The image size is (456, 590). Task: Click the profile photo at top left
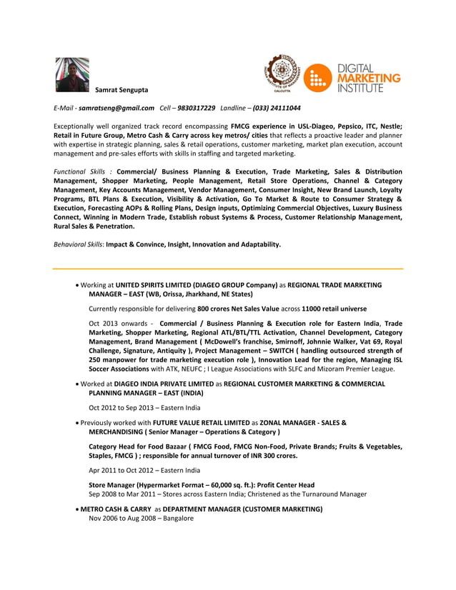[x=72, y=74]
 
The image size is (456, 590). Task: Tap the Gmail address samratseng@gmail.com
[x=117, y=108]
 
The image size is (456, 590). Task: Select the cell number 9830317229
[x=196, y=108]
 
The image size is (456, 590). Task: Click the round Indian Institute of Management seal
[x=281, y=74]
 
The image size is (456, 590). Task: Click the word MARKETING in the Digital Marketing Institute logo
[x=369, y=78]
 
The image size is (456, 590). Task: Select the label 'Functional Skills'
[x=79, y=171]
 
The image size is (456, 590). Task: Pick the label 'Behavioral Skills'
[x=79, y=244]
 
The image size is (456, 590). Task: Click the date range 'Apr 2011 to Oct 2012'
[x=124, y=470]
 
